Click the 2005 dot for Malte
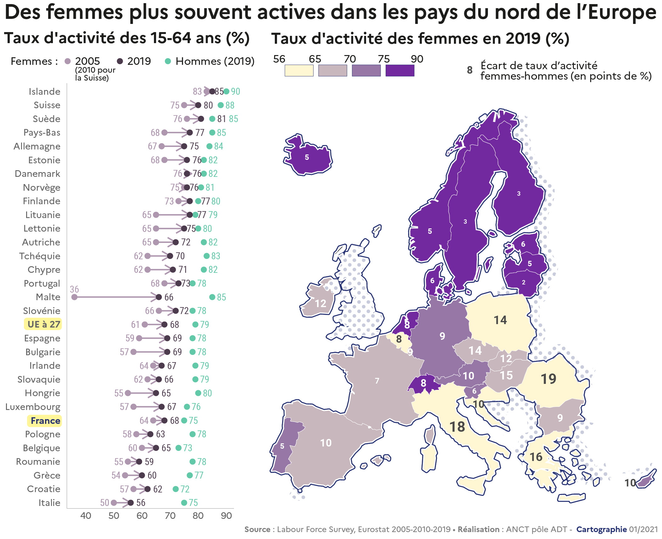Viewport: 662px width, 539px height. click(74, 297)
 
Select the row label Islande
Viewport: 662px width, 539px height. click(44, 92)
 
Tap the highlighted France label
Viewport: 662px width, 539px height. click(45, 421)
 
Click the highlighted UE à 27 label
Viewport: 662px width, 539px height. click(43, 324)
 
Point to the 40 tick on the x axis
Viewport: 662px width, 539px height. click(86, 516)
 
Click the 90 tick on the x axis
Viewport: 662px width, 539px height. click(226, 516)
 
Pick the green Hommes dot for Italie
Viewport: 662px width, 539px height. click(184, 503)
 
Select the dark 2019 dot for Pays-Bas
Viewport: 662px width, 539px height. click(190, 133)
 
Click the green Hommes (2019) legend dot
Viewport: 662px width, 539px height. click(168, 61)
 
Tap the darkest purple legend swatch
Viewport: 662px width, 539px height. click(400, 70)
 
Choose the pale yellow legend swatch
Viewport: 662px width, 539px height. click(299, 70)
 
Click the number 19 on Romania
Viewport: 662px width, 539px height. click(548, 379)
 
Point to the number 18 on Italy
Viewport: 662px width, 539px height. click(457, 427)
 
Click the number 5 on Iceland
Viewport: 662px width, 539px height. click(307, 157)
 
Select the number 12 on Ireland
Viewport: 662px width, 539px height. click(320, 303)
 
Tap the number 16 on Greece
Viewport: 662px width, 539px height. click(536, 457)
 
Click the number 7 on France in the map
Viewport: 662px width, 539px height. click(377, 381)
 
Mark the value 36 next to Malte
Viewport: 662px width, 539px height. click(74, 289)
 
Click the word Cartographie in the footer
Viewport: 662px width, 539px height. click(602, 530)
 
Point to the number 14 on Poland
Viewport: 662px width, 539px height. click(500, 320)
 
